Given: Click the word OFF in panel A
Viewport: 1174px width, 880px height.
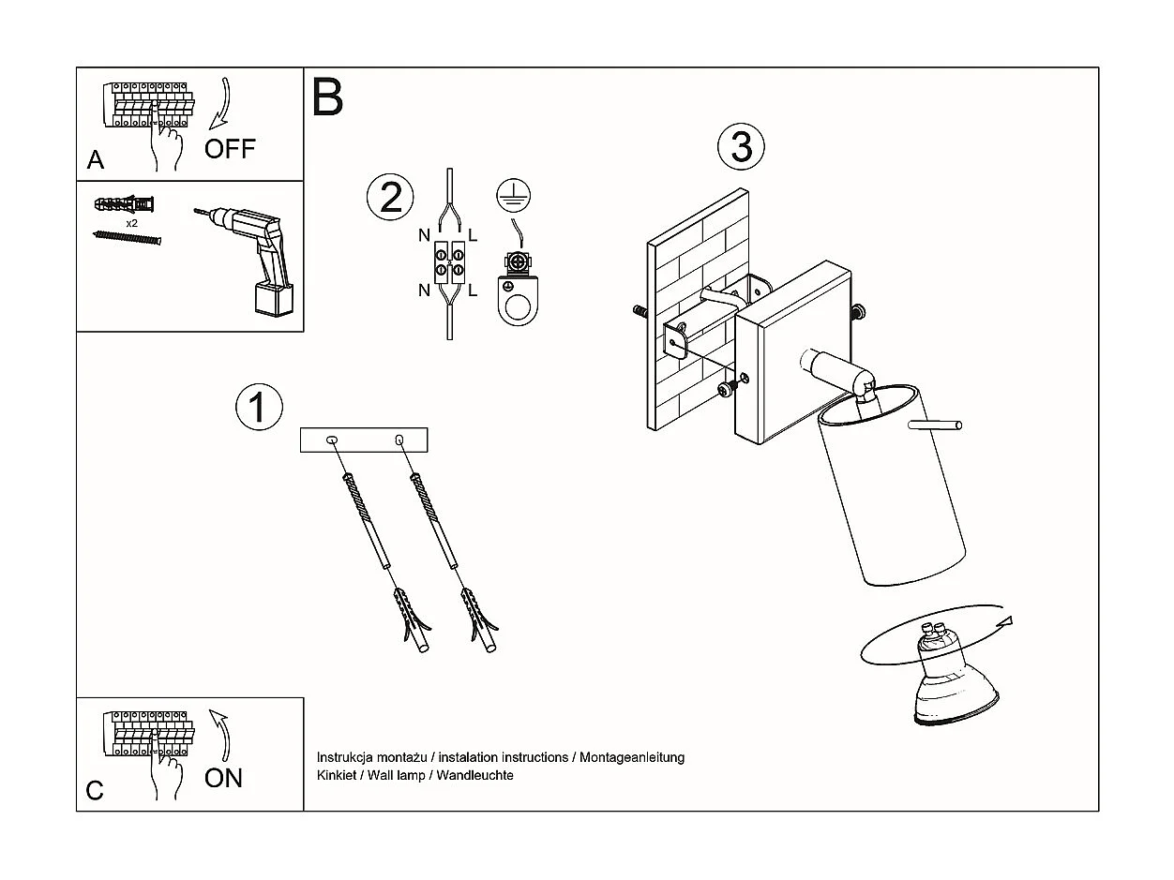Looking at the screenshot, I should [x=230, y=148].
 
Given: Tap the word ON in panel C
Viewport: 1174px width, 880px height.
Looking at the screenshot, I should [x=223, y=778].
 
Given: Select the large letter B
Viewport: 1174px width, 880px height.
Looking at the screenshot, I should [x=327, y=97].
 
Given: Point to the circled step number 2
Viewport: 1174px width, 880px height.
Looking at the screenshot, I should [x=390, y=197].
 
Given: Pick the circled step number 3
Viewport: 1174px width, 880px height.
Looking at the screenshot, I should [x=741, y=147].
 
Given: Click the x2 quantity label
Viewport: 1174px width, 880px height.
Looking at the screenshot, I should [x=132, y=224].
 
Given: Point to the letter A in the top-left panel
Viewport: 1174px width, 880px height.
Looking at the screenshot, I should [x=96, y=160].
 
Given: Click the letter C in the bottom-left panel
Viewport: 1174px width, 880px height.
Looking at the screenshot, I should [x=95, y=791].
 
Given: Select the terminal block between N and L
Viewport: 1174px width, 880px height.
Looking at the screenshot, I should [x=448, y=261].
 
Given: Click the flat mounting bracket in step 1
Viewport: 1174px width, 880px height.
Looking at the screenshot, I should [x=364, y=440].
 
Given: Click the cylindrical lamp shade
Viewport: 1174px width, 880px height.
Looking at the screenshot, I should [x=891, y=487].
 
